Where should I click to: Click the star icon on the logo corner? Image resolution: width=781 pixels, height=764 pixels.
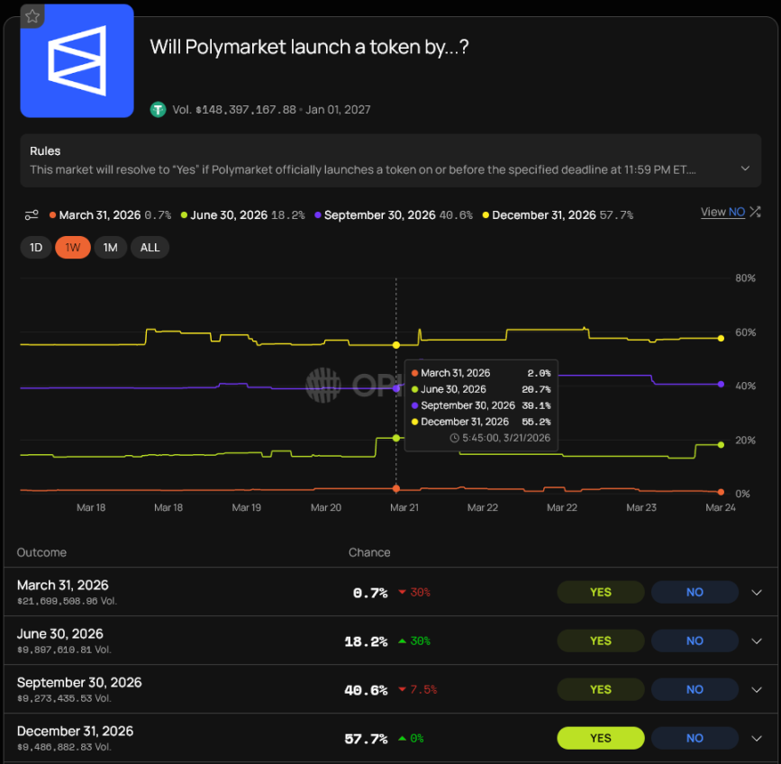tap(32, 16)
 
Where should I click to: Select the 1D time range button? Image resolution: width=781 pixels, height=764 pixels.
tap(36, 248)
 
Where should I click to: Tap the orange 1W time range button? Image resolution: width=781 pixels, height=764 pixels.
tap(73, 248)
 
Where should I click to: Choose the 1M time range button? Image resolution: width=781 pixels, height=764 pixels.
tap(110, 248)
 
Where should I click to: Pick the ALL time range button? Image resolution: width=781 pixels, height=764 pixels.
tap(150, 248)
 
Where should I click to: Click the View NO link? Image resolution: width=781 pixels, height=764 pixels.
tap(722, 212)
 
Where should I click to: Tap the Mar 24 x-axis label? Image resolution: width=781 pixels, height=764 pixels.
tap(721, 508)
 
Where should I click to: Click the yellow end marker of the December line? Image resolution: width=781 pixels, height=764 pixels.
tap(721, 338)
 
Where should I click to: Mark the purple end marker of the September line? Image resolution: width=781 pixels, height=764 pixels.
tap(721, 385)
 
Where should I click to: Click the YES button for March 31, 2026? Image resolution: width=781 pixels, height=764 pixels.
tap(601, 592)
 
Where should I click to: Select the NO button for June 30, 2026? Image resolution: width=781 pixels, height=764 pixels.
tap(695, 641)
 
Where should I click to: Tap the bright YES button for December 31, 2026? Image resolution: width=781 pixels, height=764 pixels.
tap(601, 738)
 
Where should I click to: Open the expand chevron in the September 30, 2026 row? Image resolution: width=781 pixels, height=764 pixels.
tap(757, 689)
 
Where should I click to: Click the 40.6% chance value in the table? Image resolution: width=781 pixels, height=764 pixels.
tap(366, 690)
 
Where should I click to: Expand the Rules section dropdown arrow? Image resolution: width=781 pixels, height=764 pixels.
tap(745, 168)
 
